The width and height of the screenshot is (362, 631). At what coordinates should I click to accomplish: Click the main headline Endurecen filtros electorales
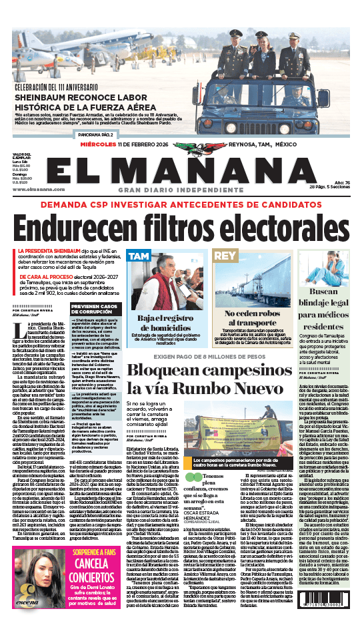click(x=181, y=226)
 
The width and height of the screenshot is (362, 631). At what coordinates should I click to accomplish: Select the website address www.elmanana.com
click(x=32, y=189)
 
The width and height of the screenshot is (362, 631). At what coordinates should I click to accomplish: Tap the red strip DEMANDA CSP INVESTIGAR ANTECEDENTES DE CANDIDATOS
click(x=181, y=205)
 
